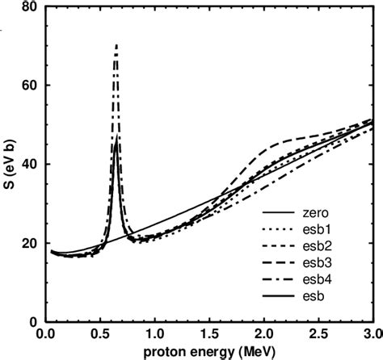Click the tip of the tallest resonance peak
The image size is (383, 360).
116,45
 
